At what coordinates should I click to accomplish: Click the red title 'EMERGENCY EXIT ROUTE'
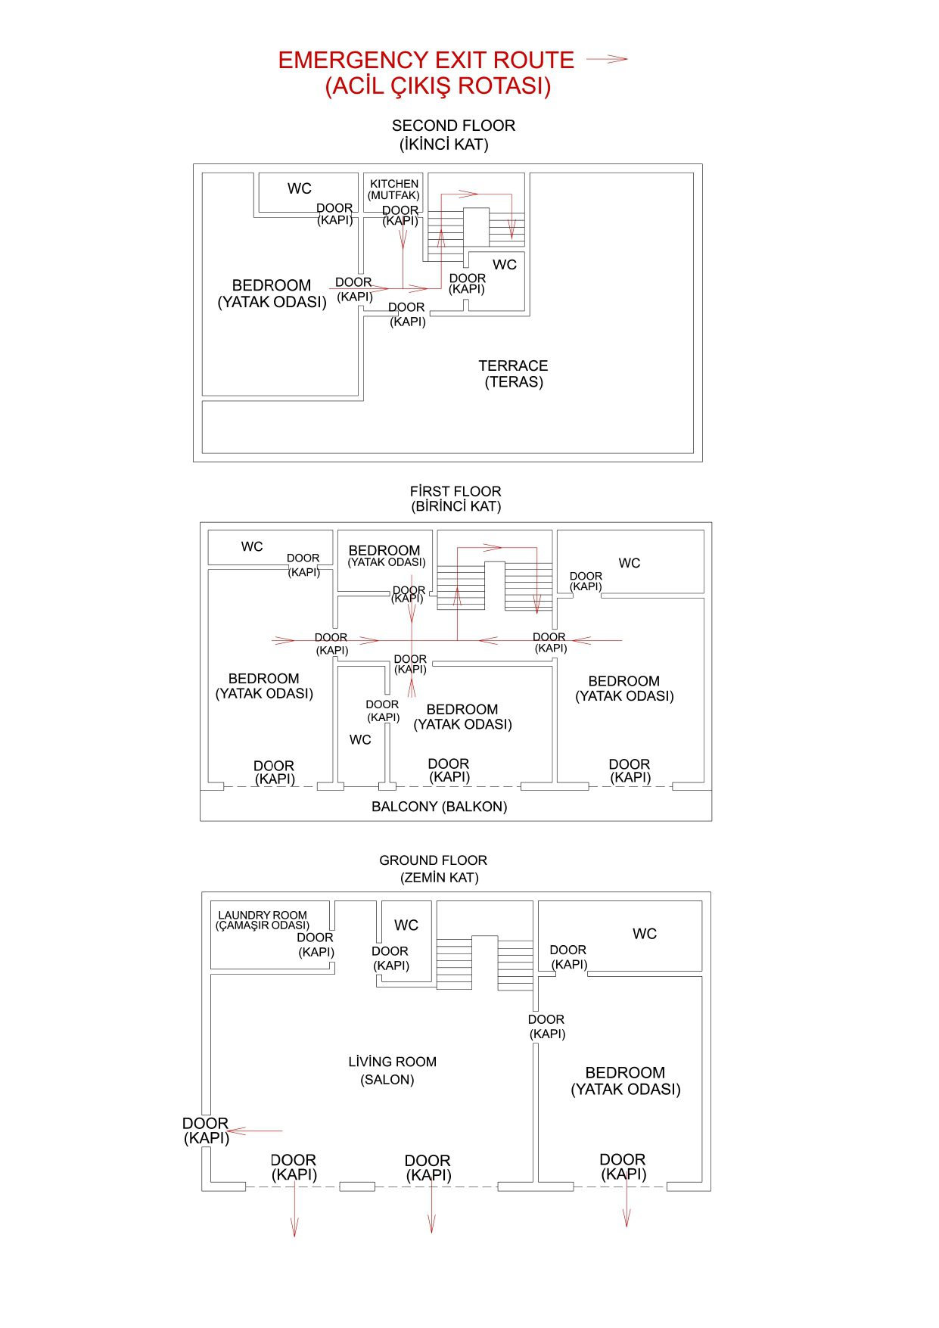pos(426,61)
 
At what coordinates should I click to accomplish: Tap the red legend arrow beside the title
pos(607,59)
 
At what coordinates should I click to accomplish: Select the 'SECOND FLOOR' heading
pos(453,126)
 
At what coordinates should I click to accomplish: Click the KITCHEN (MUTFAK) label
pos(393,189)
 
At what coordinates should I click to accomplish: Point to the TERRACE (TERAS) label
pos(513,374)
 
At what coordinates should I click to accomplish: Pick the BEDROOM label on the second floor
pos(272,294)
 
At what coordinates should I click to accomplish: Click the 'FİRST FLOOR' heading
pos(456,492)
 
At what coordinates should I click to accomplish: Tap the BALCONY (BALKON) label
pos(439,807)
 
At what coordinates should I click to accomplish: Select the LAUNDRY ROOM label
pos(263,919)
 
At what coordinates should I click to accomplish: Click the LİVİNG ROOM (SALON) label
pos(392,1070)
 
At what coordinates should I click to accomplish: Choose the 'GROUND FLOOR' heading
pos(433,860)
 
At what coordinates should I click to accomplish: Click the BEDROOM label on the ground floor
pos(625,1081)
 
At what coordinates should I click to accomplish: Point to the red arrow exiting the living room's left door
pos(254,1131)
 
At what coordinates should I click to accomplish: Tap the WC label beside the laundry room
pos(406,925)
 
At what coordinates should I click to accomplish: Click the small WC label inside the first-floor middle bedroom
pos(360,740)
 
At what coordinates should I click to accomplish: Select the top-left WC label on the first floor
pos(252,547)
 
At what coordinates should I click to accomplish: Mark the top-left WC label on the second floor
pos(300,188)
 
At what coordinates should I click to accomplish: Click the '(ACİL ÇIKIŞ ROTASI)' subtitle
pos(438,86)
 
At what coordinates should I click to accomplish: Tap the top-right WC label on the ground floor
pos(645,934)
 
